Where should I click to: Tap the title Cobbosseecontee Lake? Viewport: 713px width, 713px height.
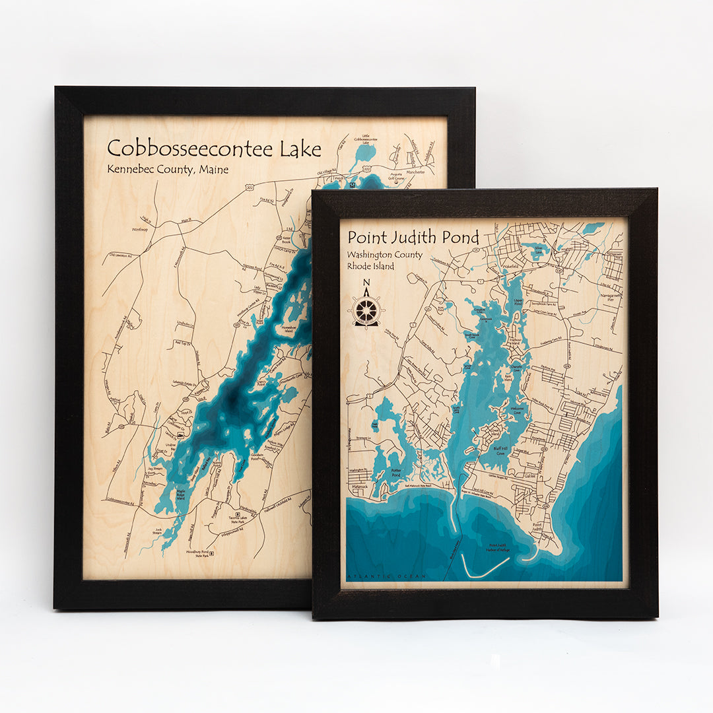(214, 149)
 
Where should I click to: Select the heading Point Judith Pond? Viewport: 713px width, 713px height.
(413, 237)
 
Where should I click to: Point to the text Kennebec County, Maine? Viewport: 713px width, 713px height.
(168, 170)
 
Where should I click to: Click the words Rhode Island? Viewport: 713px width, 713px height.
(370, 266)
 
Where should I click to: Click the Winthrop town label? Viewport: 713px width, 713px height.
(140, 230)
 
